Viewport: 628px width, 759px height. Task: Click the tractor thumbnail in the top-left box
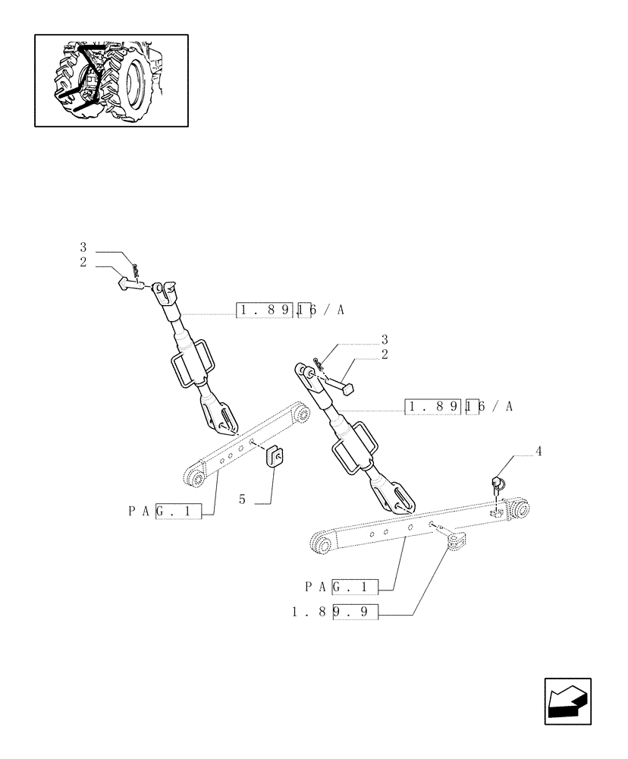pos(111,80)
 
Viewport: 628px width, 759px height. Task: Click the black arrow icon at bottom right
pos(567,701)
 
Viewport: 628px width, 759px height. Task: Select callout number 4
pos(539,452)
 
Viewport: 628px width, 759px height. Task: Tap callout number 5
pos(243,499)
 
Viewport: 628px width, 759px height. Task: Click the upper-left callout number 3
pos(83,247)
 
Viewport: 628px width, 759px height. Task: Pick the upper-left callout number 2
pos(83,262)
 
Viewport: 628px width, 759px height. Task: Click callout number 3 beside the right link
pos(385,339)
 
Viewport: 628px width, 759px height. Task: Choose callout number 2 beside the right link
pos(385,354)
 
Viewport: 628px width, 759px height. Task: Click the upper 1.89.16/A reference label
pos(290,310)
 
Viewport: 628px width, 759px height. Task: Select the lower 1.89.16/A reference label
pos(460,407)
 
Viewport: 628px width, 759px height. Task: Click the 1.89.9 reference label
pos(334,611)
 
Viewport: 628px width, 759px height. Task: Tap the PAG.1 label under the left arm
pos(165,512)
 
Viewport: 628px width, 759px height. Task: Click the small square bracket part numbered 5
pos(274,458)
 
